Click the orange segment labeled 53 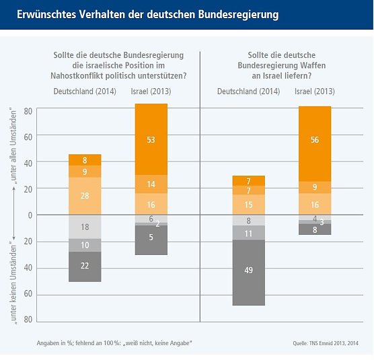(151, 139)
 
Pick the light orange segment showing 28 (85, 196)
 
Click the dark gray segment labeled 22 (85, 266)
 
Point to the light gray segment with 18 (85, 227)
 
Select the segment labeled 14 (151, 184)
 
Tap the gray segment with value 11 (248, 233)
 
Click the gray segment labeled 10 (85, 245)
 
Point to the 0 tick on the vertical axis (29, 215)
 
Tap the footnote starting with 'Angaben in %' (115, 344)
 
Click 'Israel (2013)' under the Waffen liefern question (315, 91)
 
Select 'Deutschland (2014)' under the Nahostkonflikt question (85, 91)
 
